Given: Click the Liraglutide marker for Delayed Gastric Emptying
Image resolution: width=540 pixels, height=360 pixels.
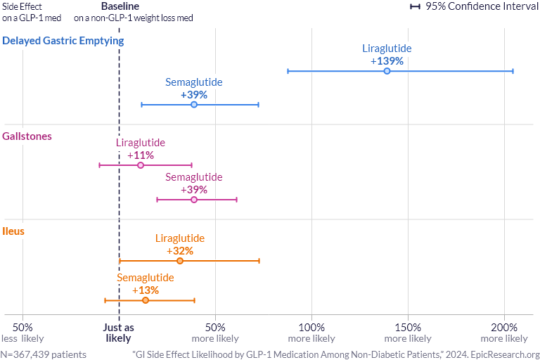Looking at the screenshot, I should pyautogui.click(x=387, y=71).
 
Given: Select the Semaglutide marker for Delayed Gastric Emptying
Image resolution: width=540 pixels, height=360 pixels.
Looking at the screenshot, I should pyautogui.click(x=194, y=105).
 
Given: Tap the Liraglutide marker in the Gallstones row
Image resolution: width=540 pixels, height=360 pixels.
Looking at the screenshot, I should pyautogui.click(x=141, y=165).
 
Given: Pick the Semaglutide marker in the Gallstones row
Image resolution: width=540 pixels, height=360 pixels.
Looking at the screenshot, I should pyautogui.click(x=194, y=200).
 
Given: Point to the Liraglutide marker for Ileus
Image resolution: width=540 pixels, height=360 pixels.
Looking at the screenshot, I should pyautogui.click(x=180, y=261).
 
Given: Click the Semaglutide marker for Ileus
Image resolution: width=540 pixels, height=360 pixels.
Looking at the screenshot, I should pyautogui.click(x=146, y=300).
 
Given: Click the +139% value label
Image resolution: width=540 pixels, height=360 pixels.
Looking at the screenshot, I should pyautogui.click(x=387, y=61).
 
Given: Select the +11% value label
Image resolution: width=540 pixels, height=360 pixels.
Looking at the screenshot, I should pyautogui.click(x=141, y=155).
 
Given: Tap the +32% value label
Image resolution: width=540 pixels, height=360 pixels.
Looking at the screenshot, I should pyautogui.click(x=180, y=250).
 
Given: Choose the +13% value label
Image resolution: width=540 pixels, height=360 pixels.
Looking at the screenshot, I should pyautogui.click(x=146, y=290).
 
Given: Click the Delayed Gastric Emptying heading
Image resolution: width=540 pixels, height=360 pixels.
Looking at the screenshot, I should pyautogui.click(x=63, y=41).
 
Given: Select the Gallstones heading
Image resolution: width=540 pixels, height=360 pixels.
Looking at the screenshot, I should pyautogui.click(x=27, y=136).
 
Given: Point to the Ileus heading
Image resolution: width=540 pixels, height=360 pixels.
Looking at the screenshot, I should pyautogui.click(x=14, y=231).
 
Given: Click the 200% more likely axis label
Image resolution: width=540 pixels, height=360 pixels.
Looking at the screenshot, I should pyautogui.click(x=504, y=333).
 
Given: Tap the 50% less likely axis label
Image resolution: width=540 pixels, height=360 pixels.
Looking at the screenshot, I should pyautogui.click(x=22, y=333).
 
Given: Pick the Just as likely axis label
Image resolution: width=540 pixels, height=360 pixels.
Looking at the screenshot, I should pyautogui.click(x=119, y=333).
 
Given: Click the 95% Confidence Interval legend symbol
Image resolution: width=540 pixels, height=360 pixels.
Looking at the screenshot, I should pyautogui.click(x=415, y=6).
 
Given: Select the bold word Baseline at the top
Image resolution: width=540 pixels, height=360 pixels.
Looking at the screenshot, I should pyautogui.click(x=120, y=6).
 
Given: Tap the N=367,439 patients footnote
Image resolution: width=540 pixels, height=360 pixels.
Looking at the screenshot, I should pyautogui.click(x=44, y=354).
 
